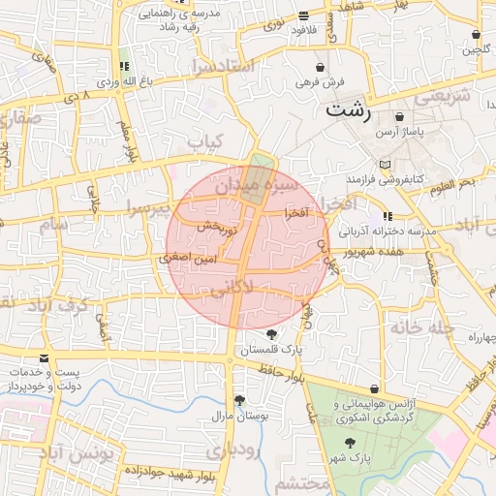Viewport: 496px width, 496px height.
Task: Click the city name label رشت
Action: tap(348, 108)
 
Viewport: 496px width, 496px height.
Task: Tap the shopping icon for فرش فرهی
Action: tap(320, 68)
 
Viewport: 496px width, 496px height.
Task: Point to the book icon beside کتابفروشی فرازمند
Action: tap(387, 165)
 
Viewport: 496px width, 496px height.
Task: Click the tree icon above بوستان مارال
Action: tap(238, 400)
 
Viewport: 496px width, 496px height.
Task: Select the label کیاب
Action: tap(204, 142)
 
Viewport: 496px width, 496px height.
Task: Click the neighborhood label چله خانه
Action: tap(422, 327)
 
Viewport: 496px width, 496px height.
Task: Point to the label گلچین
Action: tap(474, 50)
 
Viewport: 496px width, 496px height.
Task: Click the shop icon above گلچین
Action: tap(475, 35)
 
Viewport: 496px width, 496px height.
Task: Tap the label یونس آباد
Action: tap(77, 452)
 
